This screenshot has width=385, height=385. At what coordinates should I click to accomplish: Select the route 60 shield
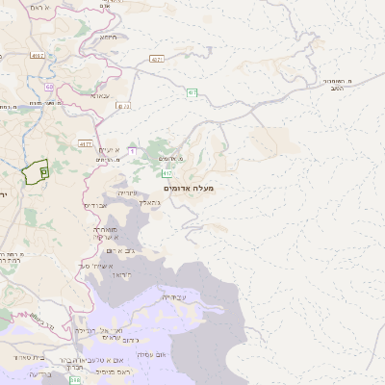coord(49,88)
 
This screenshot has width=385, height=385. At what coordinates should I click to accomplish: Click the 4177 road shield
coord(85,144)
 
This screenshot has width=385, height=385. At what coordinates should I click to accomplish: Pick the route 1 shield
coord(132,151)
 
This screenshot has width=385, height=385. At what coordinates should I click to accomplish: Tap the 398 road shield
coord(76,380)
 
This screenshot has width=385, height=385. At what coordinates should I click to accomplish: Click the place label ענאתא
coord(101,95)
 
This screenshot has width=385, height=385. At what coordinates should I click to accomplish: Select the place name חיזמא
coord(109,37)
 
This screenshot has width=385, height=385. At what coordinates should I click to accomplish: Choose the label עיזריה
coord(128,193)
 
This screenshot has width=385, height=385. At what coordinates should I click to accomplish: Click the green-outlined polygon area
coord(36,170)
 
